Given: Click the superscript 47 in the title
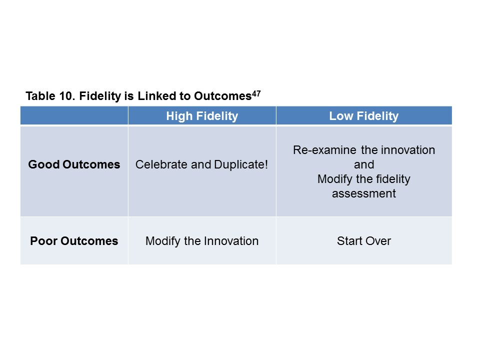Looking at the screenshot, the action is coord(256,93).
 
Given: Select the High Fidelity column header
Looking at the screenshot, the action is coord(202,116).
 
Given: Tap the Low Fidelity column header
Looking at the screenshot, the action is coord(364,116).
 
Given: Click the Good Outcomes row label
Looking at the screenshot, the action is coord(74,164).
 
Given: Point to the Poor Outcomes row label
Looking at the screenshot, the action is coord(74,241).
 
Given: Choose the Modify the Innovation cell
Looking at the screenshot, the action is coord(202,241).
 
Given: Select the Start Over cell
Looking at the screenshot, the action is coord(364,241).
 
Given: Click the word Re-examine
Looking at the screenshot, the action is coord(325,150).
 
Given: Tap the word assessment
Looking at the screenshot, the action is coord(364,193).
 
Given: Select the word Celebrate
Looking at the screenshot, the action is coord(161,164).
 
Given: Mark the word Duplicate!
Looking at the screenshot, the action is coord(241,164).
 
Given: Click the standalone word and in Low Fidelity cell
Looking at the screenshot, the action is coord(364,164).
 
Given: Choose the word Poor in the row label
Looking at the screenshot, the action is coord(44,241).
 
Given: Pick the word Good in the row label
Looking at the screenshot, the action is coord(44,164).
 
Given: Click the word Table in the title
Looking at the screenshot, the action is coord(40,96).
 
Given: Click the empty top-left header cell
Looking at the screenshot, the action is coord(74,115).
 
